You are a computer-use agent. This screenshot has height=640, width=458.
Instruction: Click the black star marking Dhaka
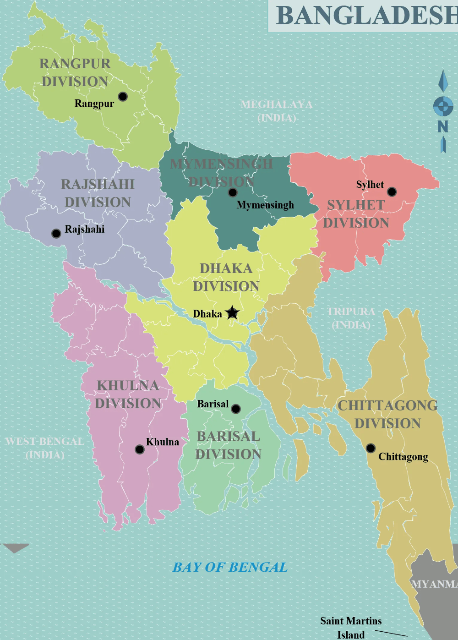233,313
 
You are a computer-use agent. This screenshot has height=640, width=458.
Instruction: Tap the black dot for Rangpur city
123,96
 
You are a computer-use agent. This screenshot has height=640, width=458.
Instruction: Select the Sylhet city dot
392,191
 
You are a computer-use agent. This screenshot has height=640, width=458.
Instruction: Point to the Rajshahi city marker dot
56,234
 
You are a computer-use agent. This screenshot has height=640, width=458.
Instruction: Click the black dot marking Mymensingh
233,192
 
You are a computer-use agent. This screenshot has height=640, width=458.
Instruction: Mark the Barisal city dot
236,409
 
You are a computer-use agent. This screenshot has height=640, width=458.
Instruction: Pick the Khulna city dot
140,449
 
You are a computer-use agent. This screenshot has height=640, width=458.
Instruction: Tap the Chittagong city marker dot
371,448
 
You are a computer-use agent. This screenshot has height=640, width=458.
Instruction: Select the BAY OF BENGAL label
230,567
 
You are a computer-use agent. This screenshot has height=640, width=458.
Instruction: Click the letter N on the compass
443,126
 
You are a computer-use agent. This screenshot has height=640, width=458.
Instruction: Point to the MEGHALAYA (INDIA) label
277,111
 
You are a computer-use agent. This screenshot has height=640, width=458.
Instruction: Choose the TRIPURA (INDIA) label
351,318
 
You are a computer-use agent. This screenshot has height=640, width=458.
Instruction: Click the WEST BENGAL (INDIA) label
45,448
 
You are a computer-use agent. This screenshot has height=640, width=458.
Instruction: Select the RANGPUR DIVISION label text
75,72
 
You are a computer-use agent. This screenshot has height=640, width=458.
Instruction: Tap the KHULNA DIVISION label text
128,394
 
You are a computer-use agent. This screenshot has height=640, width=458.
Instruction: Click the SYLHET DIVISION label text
356,214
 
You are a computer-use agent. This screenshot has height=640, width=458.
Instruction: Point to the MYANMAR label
434,584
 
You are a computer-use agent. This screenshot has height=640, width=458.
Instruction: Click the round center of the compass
443,106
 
